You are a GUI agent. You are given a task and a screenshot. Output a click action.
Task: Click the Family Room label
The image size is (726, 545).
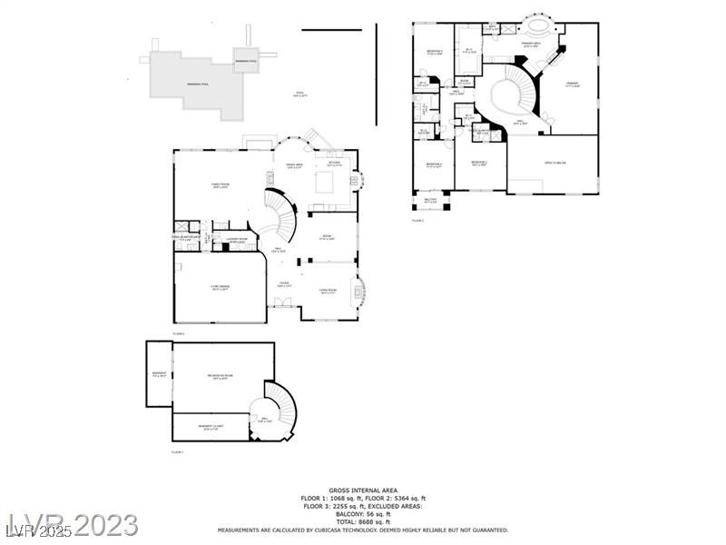click(x=220, y=185)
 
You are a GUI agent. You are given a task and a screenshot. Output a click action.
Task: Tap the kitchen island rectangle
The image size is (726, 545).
click(x=326, y=183)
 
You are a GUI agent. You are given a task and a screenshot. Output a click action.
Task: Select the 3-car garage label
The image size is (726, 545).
click(x=220, y=288)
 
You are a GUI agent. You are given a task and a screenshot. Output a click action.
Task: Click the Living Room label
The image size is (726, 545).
click(x=328, y=292)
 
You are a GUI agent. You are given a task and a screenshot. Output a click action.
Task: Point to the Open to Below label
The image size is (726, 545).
click(x=555, y=163)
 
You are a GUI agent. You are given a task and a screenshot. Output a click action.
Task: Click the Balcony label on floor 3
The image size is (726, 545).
click(x=431, y=200)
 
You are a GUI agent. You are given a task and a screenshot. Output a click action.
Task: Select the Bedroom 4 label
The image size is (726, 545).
click(x=434, y=165)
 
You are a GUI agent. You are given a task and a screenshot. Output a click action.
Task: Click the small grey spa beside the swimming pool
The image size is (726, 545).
click(x=245, y=61)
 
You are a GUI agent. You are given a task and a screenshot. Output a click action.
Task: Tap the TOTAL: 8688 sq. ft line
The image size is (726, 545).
click(x=363, y=522)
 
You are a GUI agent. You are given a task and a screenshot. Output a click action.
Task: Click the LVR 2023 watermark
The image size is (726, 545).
click(x=73, y=525)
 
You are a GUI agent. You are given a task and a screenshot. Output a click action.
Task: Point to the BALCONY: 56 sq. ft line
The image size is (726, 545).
click(x=363, y=514)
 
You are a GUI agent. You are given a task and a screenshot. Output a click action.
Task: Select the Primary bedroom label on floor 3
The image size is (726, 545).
click(x=573, y=84)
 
